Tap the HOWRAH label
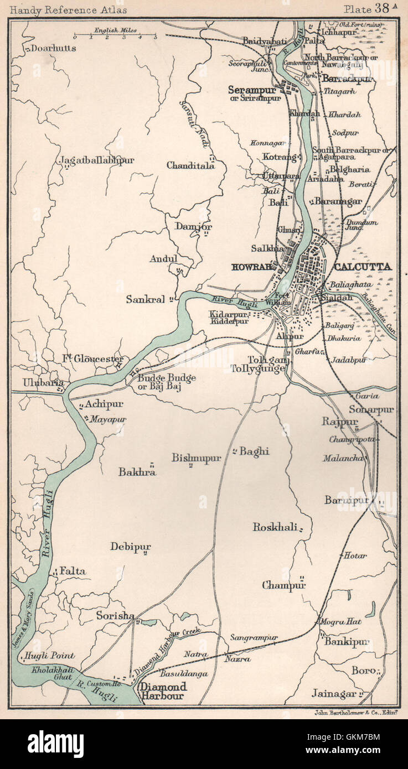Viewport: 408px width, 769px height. point(252,267)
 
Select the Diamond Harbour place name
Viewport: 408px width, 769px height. point(163,690)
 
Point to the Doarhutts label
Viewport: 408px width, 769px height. point(54,48)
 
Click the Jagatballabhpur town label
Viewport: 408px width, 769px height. point(96,160)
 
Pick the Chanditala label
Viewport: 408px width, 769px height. point(190,165)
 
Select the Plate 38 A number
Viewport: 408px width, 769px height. point(370,8)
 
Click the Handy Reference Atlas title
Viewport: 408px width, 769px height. point(69,9)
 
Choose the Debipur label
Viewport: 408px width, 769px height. point(130,547)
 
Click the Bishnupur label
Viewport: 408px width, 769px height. point(196,458)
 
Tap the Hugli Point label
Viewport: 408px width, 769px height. point(49,656)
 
